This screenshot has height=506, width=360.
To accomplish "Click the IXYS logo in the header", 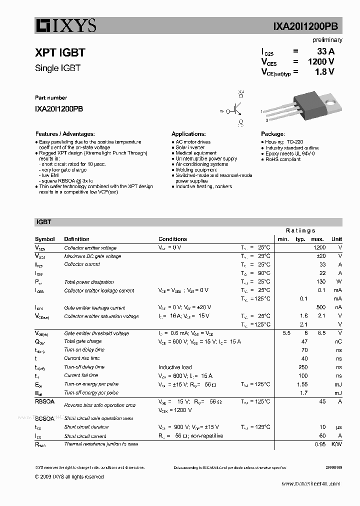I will (65, 25).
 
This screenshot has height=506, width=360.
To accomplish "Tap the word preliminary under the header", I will (327, 40).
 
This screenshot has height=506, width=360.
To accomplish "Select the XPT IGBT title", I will (60, 52).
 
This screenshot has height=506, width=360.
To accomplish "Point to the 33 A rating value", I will (325, 51).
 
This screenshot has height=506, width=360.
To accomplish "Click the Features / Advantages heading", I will (65, 134).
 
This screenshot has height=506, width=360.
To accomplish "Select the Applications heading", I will (188, 134).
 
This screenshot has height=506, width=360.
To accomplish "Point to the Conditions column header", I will (172, 239).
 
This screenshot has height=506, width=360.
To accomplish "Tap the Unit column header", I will (336, 239).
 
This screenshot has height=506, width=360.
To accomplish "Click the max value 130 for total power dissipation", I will (320, 282).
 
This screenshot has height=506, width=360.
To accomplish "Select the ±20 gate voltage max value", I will (320, 256).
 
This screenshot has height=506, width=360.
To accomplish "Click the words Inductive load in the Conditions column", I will (175, 367).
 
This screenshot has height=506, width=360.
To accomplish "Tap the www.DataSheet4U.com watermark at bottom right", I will (310, 483).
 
